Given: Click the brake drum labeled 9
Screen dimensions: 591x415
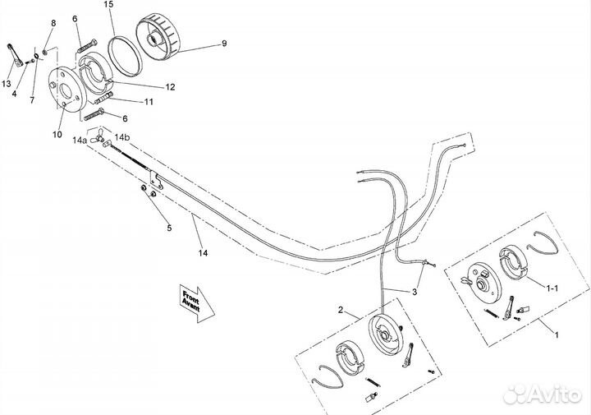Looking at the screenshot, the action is (158, 37).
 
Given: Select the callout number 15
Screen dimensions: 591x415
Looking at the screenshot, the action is (109, 5).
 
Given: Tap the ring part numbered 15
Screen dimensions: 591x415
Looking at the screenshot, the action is (125, 56).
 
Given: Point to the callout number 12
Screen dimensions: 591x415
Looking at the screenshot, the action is (170, 87).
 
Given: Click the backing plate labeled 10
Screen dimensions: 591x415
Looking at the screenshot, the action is (65, 89).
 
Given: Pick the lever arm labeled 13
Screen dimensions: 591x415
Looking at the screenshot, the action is (15, 55).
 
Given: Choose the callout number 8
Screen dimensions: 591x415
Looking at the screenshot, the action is (53, 23).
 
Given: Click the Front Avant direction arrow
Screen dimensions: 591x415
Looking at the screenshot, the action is (197, 303).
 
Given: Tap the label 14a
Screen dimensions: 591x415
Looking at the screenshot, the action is (80, 141).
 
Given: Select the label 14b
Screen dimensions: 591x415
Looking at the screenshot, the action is (122, 137).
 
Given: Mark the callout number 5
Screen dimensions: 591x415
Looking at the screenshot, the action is (169, 228).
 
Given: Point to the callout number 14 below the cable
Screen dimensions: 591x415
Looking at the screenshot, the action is (204, 253).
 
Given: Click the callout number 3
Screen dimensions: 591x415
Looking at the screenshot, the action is (415, 292).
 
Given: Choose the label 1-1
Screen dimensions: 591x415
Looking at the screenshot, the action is (552, 288).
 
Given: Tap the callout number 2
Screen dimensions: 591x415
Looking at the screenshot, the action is (341, 310).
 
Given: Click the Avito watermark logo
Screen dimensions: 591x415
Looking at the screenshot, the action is (542, 394).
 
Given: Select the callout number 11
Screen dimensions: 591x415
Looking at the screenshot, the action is (149, 102).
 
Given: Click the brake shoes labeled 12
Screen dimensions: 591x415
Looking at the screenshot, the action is (95, 74).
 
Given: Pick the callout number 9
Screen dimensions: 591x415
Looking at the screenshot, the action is (224, 44).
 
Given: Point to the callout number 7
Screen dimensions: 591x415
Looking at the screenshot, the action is (32, 100).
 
